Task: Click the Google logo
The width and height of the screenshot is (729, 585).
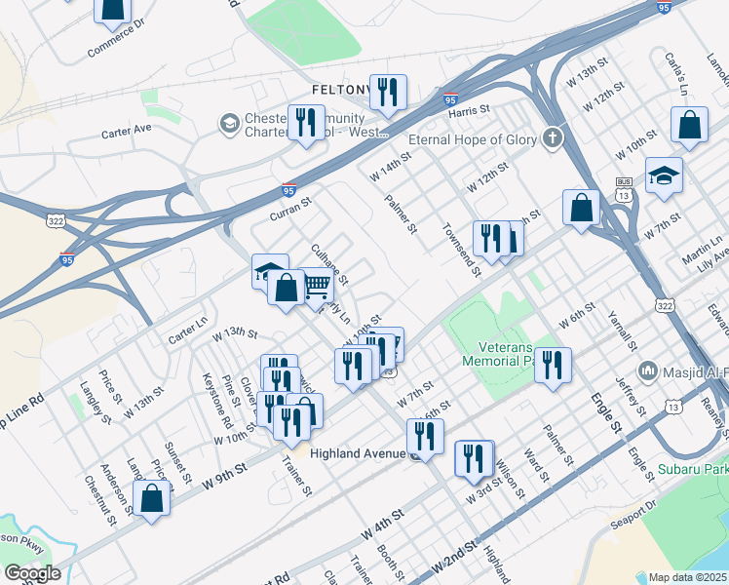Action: click(x=31, y=572)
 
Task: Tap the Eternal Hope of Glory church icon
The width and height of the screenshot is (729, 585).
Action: click(x=554, y=138)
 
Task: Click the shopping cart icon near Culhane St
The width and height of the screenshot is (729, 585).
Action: click(x=317, y=286)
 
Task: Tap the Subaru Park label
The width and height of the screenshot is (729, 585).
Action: click(x=700, y=470)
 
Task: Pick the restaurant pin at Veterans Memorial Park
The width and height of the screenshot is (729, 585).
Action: click(x=553, y=366)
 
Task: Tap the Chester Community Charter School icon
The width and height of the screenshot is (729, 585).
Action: click(x=229, y=124)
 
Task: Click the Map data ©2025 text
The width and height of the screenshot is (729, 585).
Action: click(x=688, y=577)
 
